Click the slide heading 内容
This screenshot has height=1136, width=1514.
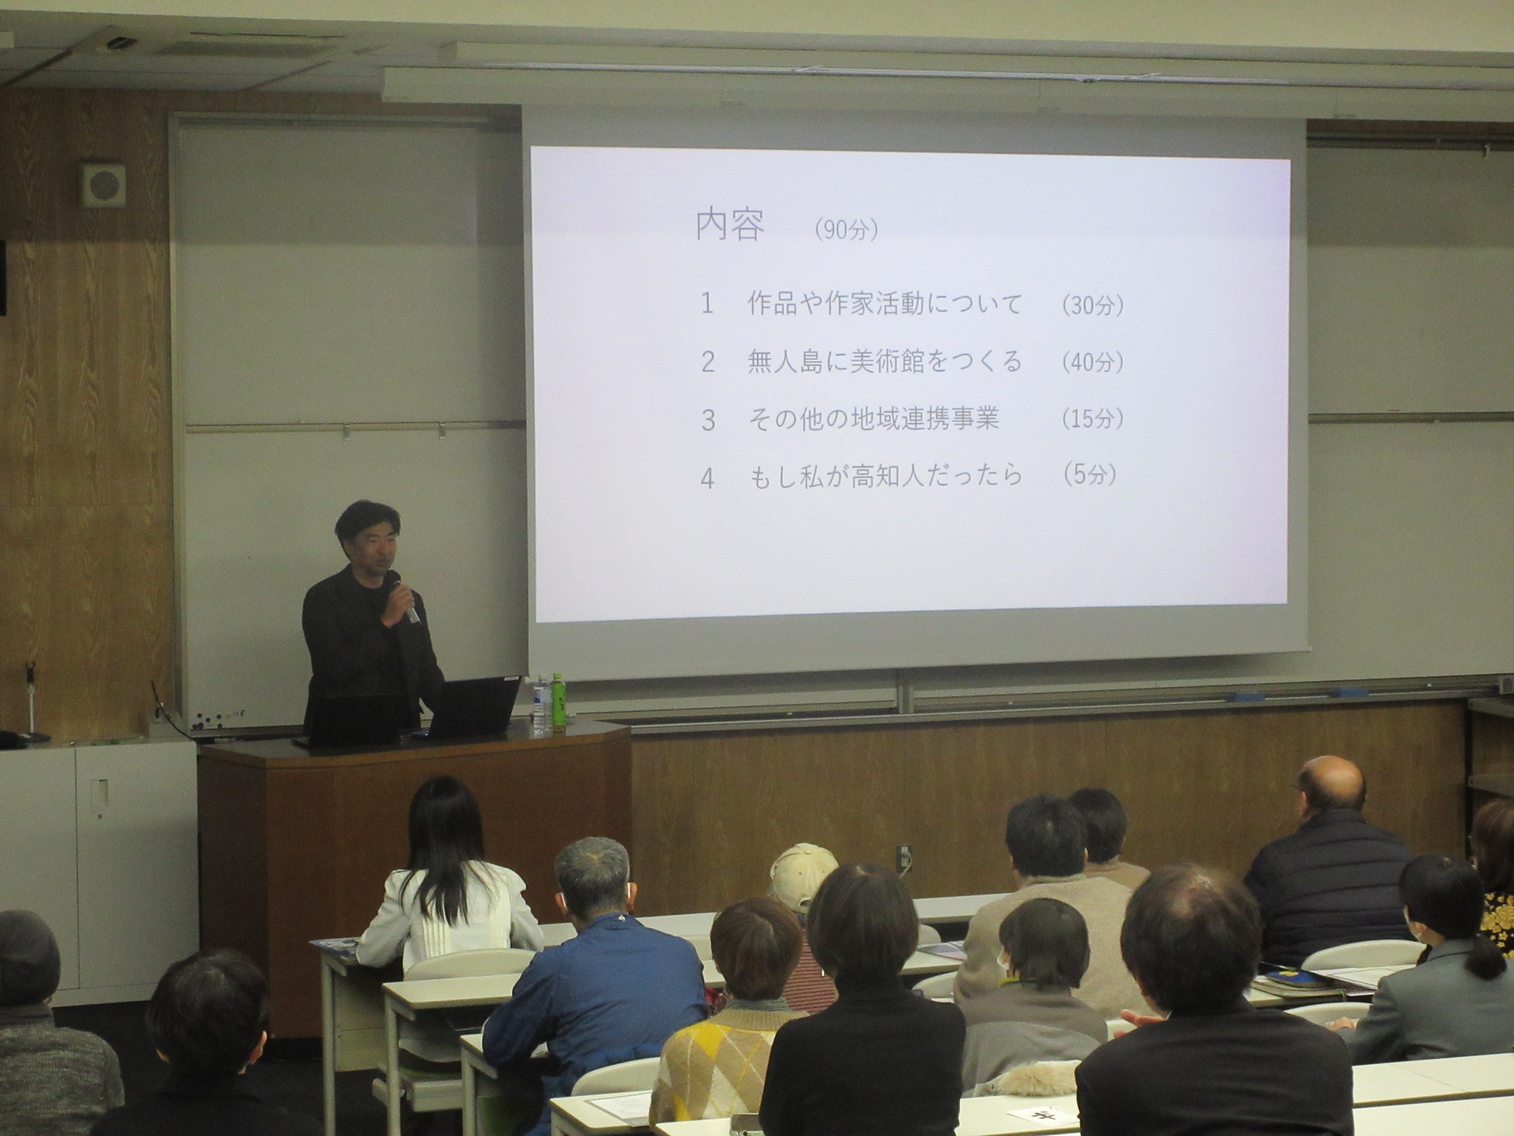(x=730, y=226)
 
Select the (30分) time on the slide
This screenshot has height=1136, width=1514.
(x=1092, y=306)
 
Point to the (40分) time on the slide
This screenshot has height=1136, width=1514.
(x=1092, y=362)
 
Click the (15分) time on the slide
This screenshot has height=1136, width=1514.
(x=1092, y=418)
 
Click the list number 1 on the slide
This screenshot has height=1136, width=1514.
(x=706, y=304)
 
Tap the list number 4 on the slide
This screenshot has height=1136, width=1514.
(x=707, y=479)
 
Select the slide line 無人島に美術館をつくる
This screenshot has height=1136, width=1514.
(x=885, y=362)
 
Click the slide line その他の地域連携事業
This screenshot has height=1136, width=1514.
(x=873, y=418)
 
